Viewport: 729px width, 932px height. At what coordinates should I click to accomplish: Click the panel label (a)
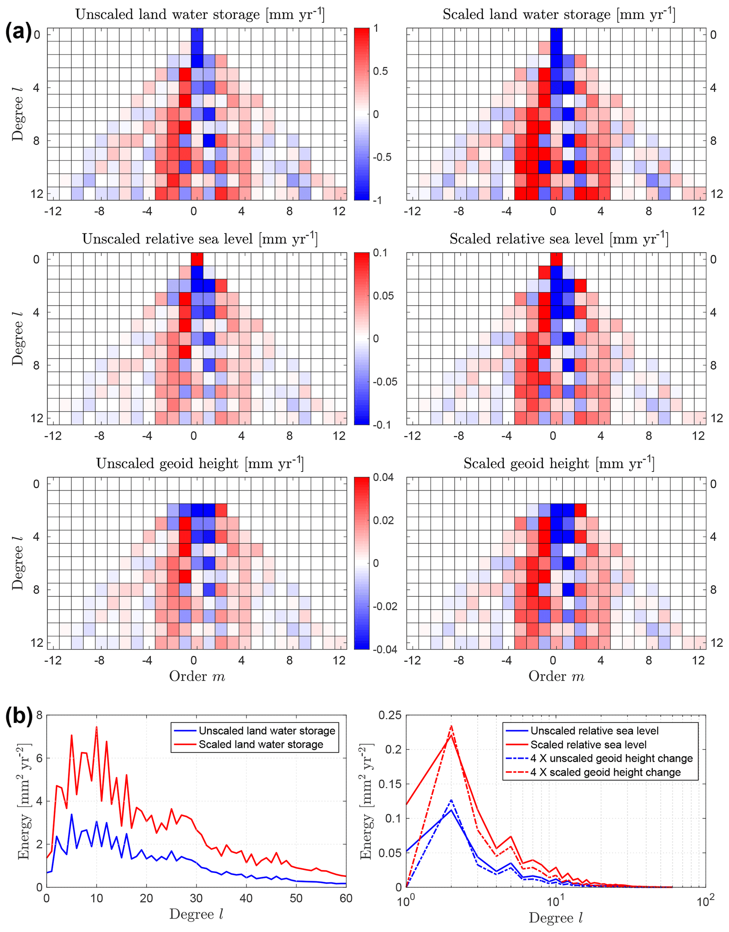click(18, 32)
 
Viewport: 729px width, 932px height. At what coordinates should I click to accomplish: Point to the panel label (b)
click(18, 717)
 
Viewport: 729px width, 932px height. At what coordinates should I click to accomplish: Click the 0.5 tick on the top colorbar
click(380, 71)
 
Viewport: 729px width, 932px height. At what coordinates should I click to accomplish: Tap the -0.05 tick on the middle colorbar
click(384, 382)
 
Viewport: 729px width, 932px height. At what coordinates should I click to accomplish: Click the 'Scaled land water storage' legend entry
click(261, 745)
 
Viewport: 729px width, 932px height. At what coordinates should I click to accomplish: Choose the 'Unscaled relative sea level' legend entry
click(594, 731)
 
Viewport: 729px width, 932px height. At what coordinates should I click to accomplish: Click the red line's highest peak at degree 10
click(97, 727)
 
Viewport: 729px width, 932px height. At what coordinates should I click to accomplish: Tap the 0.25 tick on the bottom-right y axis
click(390, 715)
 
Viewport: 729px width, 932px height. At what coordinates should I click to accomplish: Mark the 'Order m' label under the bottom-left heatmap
click(197, 676)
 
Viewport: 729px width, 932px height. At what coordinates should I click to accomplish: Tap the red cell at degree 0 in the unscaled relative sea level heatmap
click(197, 259)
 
